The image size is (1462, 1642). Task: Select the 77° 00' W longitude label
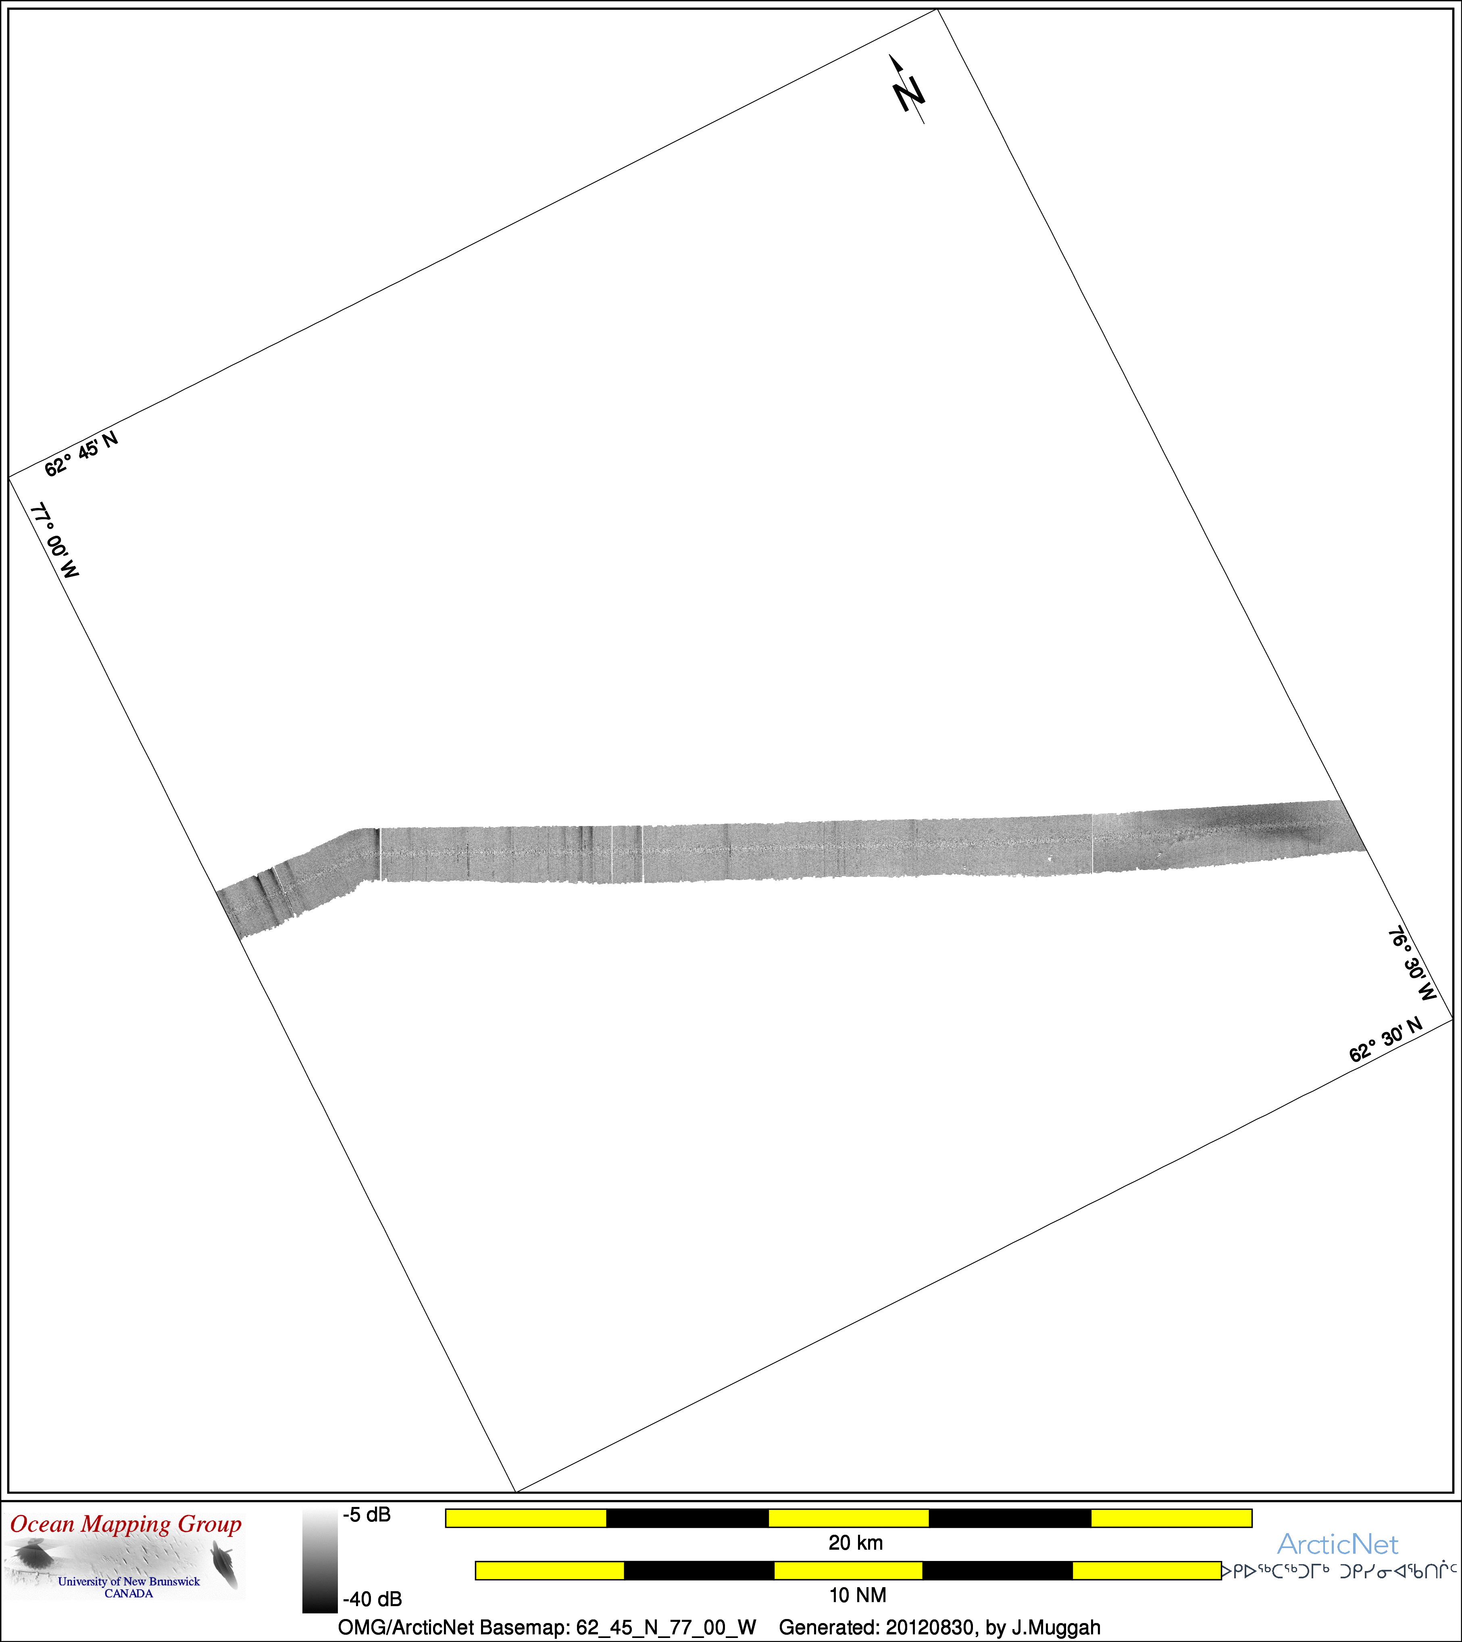click(54, 541)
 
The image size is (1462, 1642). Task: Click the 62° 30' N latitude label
click(1386, 1040)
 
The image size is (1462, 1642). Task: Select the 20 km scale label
click(856, 1542)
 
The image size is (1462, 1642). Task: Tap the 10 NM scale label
click(857, 1594)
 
